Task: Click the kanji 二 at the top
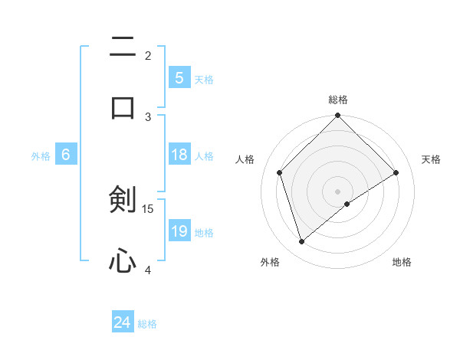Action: point(123,47)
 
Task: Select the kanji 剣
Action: point(123,200)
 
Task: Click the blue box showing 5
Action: point(179,77)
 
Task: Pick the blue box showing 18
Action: point(179,155)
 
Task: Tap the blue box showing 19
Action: point(179,231)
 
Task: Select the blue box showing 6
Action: point(66,155)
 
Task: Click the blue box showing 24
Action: point(122,323)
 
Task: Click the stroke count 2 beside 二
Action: point(148,55)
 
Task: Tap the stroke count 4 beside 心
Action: point(148,270)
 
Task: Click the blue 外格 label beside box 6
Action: point(41,156)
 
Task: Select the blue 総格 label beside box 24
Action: point(147,325)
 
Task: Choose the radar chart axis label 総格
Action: point(338,100)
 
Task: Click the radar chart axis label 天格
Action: point(432,159)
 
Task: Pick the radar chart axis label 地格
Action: point(402,262)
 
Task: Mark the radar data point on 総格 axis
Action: point(337,116)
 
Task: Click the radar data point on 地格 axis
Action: point(347,204)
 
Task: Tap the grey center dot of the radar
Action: point(337,191)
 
